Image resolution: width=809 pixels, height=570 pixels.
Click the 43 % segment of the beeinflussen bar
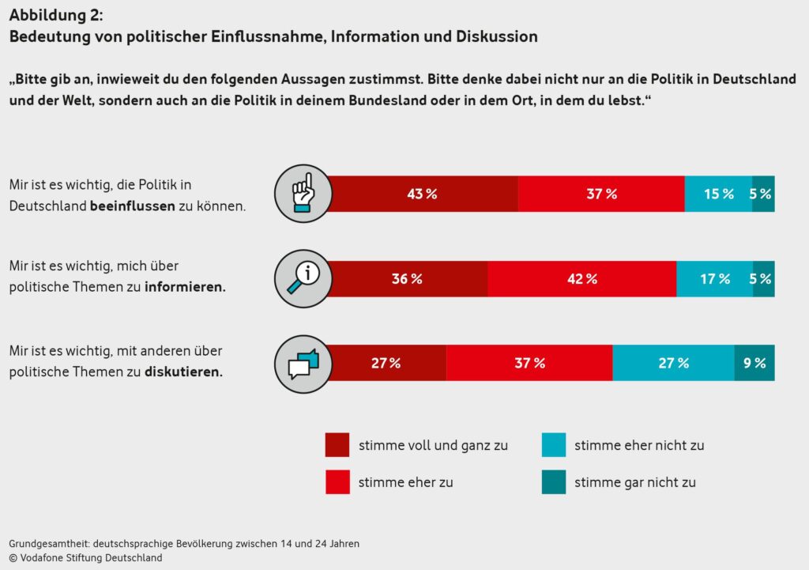click(423, 194)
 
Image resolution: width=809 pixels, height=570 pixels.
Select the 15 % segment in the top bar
click(718, 194)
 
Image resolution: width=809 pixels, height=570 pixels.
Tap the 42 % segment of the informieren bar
click(581, 278)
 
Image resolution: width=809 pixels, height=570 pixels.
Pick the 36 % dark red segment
click(408, 278)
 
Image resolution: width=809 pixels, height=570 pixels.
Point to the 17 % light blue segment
click(714, 278)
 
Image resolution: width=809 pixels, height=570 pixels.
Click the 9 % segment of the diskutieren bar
click(754, 363)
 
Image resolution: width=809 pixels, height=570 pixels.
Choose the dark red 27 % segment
click(386, 363)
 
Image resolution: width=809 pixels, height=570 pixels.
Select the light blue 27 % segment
click(673, 363)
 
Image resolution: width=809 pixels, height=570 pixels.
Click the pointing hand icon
click(301, 194)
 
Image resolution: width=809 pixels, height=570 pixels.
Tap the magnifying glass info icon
click(301, 278)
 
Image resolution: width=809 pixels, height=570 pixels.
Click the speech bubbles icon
click(301, 363)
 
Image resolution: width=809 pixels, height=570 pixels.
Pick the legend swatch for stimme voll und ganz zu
click(337, 445)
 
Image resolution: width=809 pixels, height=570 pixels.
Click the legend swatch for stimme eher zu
click(337, 481)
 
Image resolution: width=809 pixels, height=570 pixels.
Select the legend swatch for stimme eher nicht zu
click(553, 445)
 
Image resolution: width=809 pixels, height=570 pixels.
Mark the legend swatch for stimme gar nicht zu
click(553, 481)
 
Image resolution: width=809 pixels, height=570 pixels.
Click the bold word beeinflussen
click(132, 206)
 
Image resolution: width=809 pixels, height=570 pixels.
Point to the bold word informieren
click(185, 288)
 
